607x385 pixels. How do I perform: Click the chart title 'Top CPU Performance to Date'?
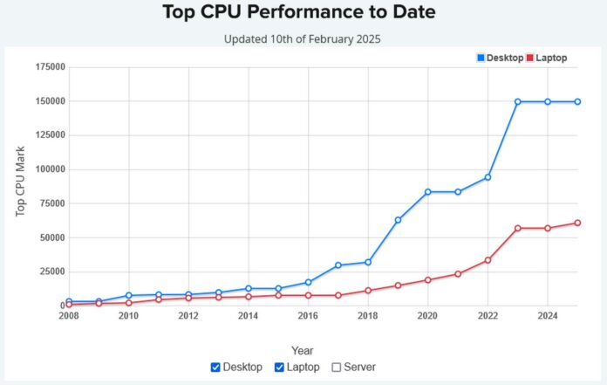point(299,12)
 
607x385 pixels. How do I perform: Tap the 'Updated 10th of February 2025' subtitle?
point(302,39)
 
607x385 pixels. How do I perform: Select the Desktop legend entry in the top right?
point(501,58)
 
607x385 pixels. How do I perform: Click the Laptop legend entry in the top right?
point(546,58)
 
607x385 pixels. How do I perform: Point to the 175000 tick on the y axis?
point(48,67)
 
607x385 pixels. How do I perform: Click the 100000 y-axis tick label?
point(48,169)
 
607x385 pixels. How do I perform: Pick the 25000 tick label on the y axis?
point(51,272)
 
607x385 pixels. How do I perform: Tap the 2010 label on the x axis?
point(129,316)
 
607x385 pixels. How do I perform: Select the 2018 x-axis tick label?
point(368,316)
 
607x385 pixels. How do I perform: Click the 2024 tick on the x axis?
point(547,316)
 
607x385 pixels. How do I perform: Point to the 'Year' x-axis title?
point(303,350)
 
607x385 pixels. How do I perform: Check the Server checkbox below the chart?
point(337,368)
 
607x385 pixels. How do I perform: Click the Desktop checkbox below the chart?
point(215,368)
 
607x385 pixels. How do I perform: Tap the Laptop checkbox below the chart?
point(279,368)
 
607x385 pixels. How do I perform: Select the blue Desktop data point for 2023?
point(517,101)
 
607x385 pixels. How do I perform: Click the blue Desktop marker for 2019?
point(398,220)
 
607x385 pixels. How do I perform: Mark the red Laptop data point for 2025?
point(577,223)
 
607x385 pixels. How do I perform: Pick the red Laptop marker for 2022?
point(488,260)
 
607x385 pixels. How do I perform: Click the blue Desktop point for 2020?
point(427,192)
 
